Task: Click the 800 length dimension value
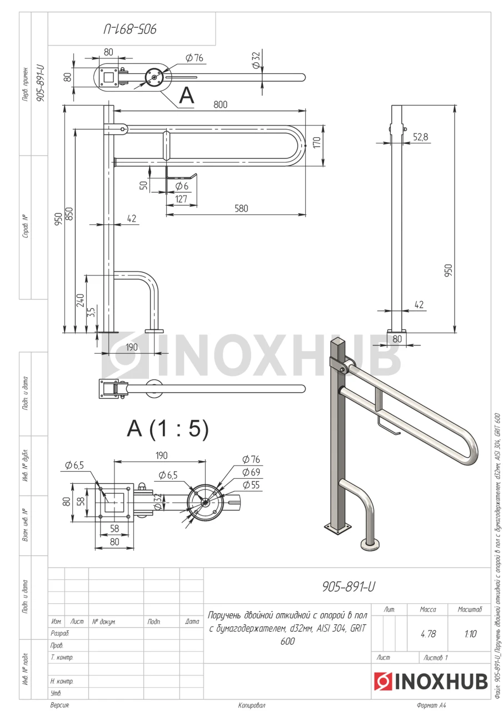tap(220, 104)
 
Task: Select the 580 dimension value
tap(241, 208)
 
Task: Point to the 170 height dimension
tap(317, 143)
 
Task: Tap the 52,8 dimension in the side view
tap(420, 137)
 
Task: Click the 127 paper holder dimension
tap(181, 199)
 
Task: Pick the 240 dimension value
tap(81, 301)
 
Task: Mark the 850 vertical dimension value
tap(69, 214)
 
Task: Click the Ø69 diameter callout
tap(251, 472)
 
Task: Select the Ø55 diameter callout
tap(251, 485)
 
